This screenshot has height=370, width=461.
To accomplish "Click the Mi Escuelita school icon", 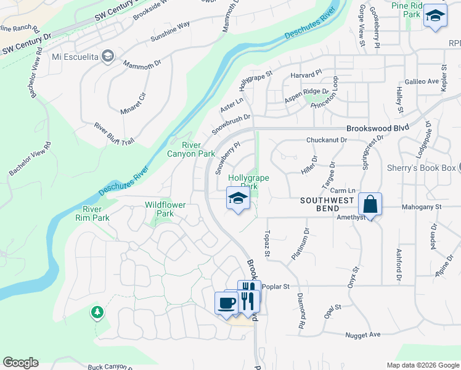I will tap(108, 57).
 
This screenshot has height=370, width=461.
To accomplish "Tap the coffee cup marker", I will tap(226, 302).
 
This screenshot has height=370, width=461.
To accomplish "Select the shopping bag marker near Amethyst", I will tap(370, 205).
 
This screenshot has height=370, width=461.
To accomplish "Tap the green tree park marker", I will tap(97, 312).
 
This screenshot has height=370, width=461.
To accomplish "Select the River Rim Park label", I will tap(92, 213).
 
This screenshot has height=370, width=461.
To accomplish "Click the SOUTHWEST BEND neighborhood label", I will tap(327, 201).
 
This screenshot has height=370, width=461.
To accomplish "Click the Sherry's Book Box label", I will tap(430, 168).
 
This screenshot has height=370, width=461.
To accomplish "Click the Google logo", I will tap(20, 363).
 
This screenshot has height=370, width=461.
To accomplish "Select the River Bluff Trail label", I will tap(114, 133).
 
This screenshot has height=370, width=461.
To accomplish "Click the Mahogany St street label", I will tap(419, 208).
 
